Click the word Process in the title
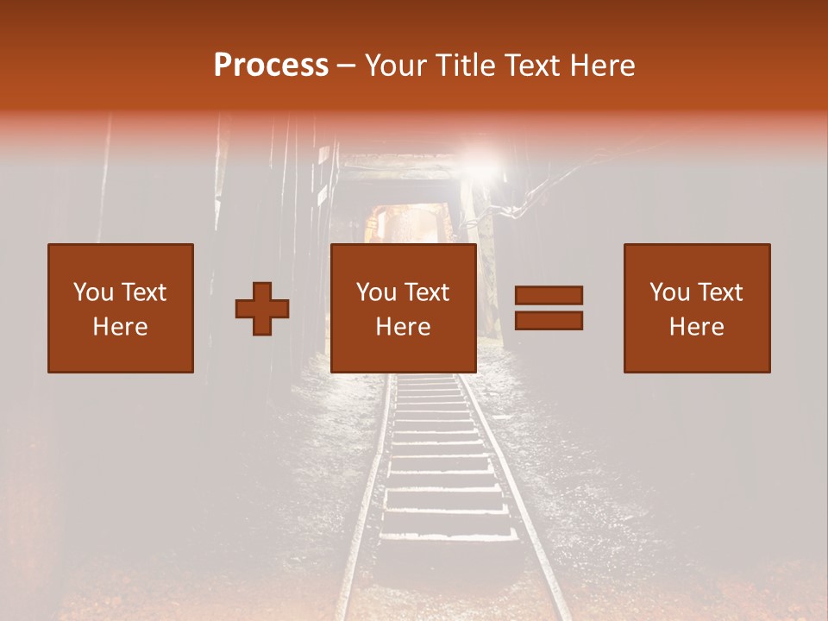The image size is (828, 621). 271,66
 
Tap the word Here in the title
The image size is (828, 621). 603,66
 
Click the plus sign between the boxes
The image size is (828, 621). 262,308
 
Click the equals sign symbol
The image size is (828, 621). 549,308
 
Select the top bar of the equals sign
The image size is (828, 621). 549,296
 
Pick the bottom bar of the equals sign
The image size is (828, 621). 549,321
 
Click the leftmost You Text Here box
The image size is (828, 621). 121,308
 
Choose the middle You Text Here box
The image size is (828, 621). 404,308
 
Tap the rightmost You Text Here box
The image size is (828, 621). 697,308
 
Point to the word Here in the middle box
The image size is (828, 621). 404,327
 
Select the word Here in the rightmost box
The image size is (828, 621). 697,327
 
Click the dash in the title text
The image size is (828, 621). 347,66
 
